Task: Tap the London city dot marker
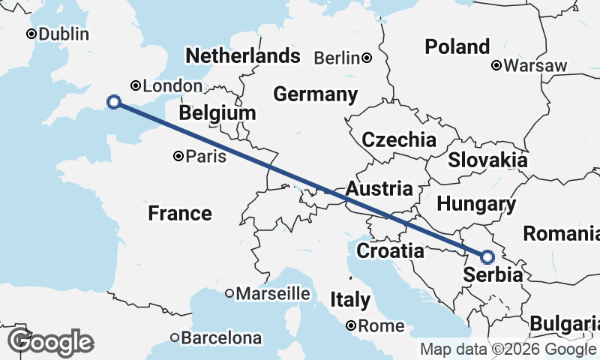point(136,85)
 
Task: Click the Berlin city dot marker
point(367,58)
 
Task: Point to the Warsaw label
point(535,66)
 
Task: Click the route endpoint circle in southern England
point(114,102)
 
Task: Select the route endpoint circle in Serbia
point(487,257)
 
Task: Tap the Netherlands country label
point(242,56)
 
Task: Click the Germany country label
point(315,95)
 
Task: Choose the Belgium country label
point(217,113)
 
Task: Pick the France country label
point(179,214)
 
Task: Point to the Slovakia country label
point(487,160)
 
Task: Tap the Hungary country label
point(476,204)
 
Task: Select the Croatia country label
point(390,250)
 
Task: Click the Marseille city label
point(273,293)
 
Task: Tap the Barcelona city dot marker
point(175,337)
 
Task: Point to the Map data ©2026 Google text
point(508,349)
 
